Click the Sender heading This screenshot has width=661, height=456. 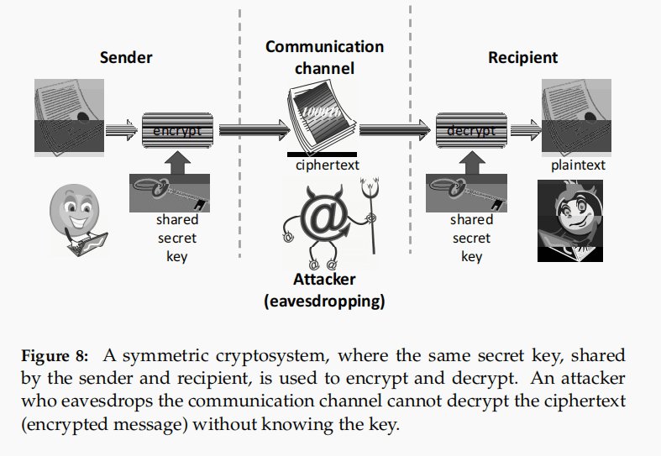[126, 57]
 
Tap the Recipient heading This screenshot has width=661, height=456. [522, 57]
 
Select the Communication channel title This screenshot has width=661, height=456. [324, 57]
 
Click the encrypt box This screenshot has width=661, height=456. [177, 130]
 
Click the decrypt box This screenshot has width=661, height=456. [471, 130]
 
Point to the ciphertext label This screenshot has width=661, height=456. [327, 165]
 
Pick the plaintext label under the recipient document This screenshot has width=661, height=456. [578, 165]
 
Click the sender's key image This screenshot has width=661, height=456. [169, 194]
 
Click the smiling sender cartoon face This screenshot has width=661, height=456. [74, 210]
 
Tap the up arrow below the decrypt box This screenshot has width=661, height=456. [471, 161]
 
